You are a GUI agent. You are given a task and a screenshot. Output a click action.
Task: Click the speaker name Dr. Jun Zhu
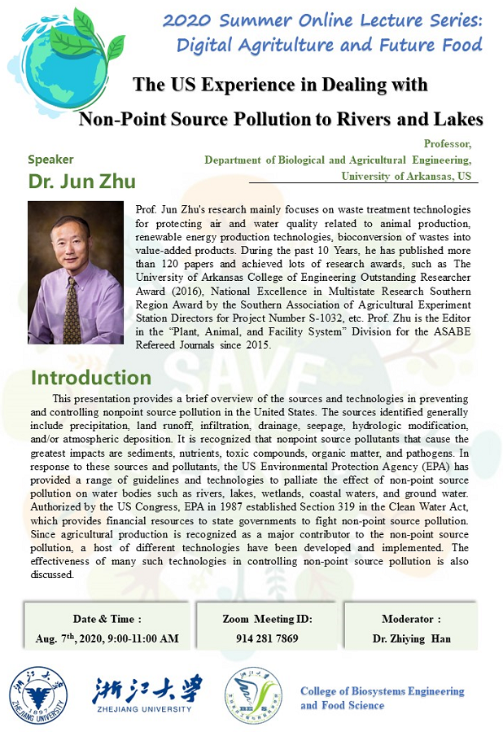(x=81, y=181)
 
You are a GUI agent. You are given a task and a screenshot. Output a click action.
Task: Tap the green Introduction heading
(x=90, y=378)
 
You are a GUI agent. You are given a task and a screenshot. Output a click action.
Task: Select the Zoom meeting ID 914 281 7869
(x=267, y=638)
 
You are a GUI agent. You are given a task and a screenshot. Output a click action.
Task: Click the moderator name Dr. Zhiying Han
(x=410, y=638)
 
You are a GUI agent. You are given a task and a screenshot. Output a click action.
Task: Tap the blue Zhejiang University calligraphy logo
(x=147, y=690)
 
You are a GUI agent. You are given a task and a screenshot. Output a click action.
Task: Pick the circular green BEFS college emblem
(x=254, y=697)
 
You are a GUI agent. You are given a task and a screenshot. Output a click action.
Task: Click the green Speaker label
(x=50, y=160)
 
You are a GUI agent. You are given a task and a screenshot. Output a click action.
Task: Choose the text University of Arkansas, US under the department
(x=405, y=176)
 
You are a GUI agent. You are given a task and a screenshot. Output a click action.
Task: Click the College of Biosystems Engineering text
(x=382, y=691)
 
